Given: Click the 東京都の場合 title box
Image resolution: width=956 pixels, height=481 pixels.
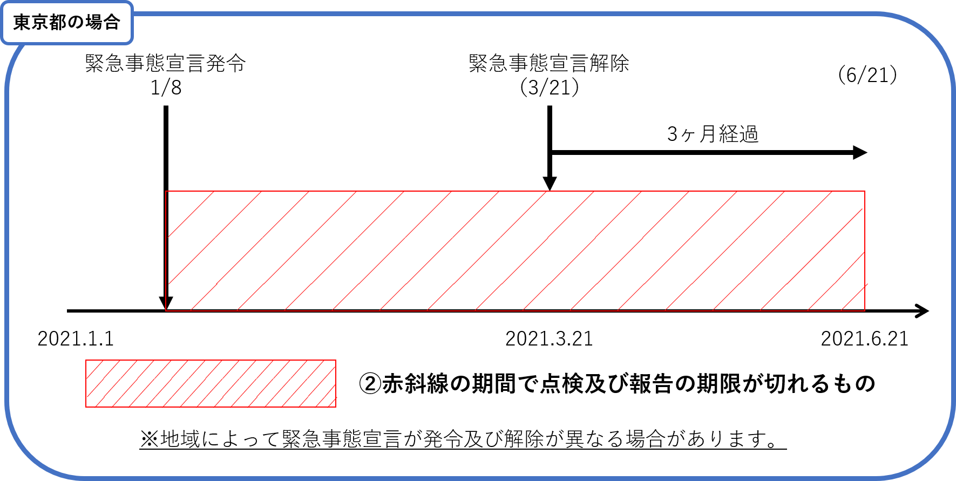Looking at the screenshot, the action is tap(67, 23).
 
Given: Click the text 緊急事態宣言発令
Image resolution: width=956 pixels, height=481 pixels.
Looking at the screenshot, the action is tap(166, 63).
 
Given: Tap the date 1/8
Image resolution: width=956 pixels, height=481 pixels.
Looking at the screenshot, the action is tap(166, 87).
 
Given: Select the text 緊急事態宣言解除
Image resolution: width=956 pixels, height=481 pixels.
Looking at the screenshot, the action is tap(549, 63).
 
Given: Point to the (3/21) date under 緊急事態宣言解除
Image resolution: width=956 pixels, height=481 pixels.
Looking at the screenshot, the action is tap(550, 87).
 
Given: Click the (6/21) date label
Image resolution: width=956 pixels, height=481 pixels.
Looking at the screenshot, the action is tap(867, 74).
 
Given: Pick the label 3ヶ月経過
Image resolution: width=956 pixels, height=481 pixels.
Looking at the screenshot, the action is tap(713, 134).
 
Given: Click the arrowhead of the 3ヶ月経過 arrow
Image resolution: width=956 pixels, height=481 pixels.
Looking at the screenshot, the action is tap(860, 152).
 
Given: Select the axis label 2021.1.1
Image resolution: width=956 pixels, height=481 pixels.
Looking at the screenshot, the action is tap(76, 338).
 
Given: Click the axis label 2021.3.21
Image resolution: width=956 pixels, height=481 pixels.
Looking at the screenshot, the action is tap(549, 338).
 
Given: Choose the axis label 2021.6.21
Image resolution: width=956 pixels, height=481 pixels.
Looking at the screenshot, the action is tap(865, 338).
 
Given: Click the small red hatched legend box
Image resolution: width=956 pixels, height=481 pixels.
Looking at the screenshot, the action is tap(211, 383).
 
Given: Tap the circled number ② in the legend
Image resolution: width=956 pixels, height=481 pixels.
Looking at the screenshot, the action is tap(370, 383).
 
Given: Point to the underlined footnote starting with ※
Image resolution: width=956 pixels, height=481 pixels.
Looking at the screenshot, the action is tap(463, 439).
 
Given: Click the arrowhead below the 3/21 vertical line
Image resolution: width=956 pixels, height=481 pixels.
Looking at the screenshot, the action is tap(550, 184).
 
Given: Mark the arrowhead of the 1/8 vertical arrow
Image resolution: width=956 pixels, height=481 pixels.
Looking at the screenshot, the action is tap(166, 303).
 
